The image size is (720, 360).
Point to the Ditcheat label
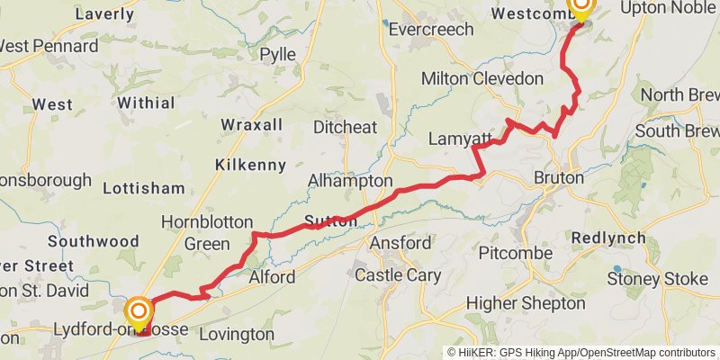click(x=345, y=127)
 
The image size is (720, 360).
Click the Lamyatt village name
click(x=460, y=139)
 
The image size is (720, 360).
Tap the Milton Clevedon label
click(x=482, y=79)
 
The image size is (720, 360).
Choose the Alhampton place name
click(x=350, y=181)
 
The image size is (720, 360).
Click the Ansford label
click(x=400, y=243)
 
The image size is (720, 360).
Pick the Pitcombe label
click(x=515, y=252)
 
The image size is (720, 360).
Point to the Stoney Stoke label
click(x=657, y=279)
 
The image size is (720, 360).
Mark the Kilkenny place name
click(x=250, y=165)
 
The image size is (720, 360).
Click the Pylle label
click(x=277, y=54)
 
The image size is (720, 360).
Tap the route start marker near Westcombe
click(x=580, y=9)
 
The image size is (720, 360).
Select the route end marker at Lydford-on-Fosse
click(x=138, y=312)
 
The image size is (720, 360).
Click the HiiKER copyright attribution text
click(x=580, y=352)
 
